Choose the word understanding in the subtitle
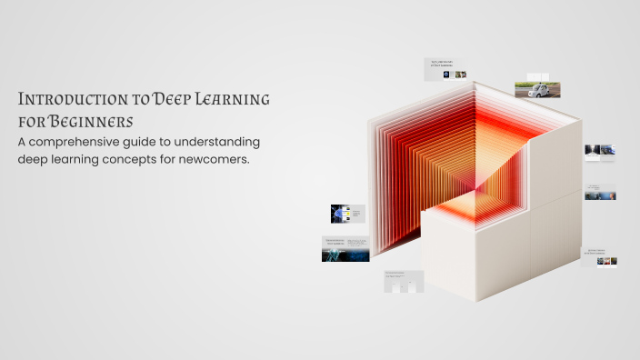[222, 143]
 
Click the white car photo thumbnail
[537, 88]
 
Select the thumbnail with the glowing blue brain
[347, 214]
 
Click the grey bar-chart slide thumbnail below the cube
[404, 282]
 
